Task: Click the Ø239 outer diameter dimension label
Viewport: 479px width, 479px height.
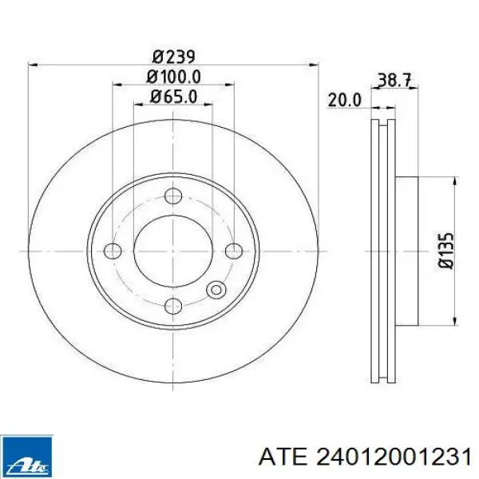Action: tap(173, 57)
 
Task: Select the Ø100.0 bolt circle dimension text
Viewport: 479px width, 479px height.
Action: tap(173, 77)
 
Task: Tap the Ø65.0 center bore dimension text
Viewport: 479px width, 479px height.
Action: tap(173, 97)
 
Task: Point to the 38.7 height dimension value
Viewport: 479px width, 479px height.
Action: tap(394, 80)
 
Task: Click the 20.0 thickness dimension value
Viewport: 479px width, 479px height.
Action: tap(345, 101)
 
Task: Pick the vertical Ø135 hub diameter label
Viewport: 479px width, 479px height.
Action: tap(446, 251)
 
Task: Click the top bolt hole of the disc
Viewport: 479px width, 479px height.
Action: tap(173, 196)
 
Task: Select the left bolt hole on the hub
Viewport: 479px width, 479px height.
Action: tap(113, 251)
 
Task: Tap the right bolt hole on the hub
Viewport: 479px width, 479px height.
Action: tap(234, 251)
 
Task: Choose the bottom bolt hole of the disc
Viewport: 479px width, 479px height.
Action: tap(173, 306)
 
